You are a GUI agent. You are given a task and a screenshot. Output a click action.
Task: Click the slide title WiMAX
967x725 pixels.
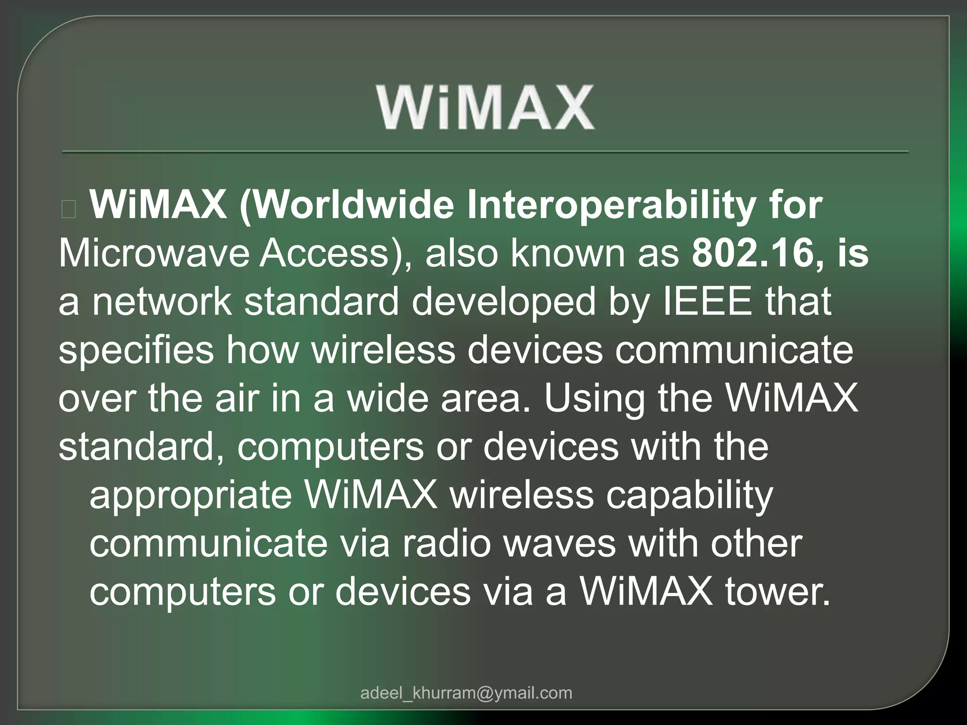click(485, 108)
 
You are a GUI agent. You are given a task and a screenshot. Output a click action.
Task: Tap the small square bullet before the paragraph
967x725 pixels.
click(69, 209)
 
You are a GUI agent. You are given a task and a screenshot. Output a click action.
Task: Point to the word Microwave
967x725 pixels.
click(153, 253)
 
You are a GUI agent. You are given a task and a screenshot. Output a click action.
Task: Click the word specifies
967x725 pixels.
click(136, 350)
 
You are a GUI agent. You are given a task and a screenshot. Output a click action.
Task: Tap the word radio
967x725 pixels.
click(446, 544)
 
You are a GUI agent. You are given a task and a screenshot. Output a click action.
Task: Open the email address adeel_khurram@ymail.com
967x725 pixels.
click(466, 693)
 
